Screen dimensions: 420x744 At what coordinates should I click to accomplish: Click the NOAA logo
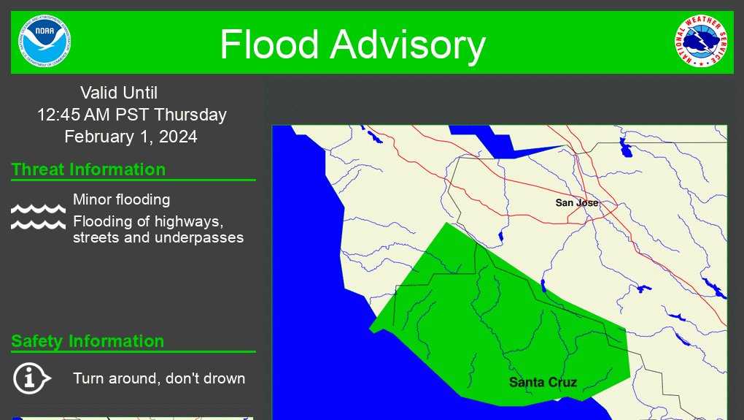click(x=46, y=41)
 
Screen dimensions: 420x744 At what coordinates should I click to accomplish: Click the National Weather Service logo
click(x=700, y=42)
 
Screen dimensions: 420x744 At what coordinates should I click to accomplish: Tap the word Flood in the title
click(x=269, y=45)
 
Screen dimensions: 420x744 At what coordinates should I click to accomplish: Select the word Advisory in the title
click(x=408, y=45)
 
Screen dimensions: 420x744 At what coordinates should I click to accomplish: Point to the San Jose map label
click(x=576, y=202)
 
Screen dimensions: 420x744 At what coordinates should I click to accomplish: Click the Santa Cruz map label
click(x=543, y=382)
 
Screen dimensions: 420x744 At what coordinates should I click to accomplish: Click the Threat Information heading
click(x=88, y=169)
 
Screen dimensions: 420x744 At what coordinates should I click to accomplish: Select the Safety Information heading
click(x=88, y=341)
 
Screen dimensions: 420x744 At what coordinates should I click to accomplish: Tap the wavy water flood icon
click(x=38, y=217)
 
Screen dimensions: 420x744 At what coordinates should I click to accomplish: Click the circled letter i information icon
click(x=31, y=378)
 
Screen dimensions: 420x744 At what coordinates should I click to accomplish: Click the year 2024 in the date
click(x=179, y=137)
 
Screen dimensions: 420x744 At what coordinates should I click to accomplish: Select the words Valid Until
click(x=119, y=93)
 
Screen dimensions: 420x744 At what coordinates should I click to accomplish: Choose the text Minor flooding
click(x=121, y=199)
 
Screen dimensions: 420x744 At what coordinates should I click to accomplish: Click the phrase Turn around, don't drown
click(x=159, y=378)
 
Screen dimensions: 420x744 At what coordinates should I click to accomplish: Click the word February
click(x=98, y=137)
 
